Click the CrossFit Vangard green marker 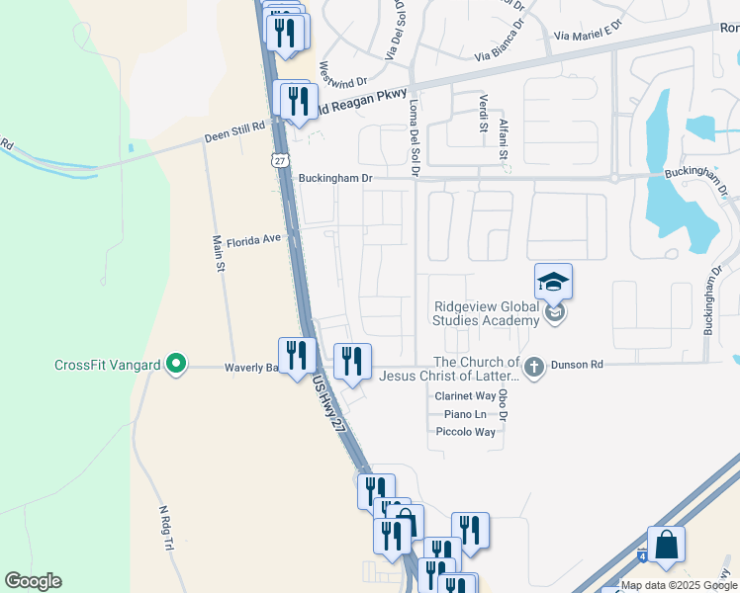tap(176, 365)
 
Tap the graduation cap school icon tap(554, 282)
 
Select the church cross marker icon tap(534, 368)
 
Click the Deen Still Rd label tap(235, 128)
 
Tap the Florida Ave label tap(254, 240)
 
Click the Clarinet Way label tap(465, 395)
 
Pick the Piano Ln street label tap(465, 414)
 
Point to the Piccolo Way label tap(465, 432)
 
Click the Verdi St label tap(484, 127)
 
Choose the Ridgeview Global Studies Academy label tap(486, 313)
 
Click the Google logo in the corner tap(33, 581)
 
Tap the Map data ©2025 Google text tap(678, 585)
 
